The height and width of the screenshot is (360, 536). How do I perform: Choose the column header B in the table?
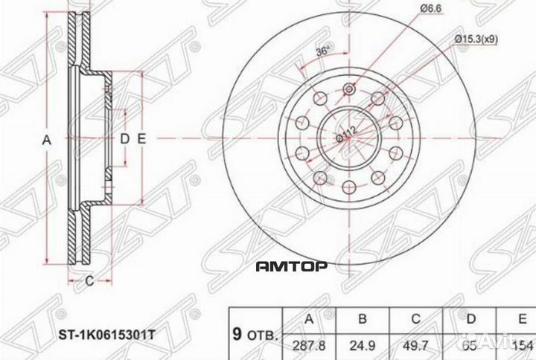363,320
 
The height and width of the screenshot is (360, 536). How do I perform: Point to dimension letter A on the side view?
45,139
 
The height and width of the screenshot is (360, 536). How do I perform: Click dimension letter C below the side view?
89,280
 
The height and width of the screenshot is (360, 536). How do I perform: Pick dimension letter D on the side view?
125,139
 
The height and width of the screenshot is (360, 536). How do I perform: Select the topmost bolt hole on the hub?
350,90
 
